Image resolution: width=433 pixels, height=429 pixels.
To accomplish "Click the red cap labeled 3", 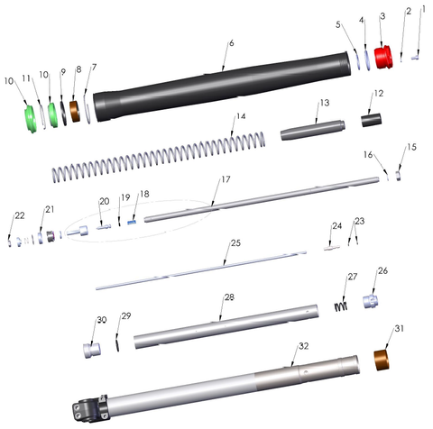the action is click(383, 57).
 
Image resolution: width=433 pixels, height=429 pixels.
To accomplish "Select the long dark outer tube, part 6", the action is click(222, 87).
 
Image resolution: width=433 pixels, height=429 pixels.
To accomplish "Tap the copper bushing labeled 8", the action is click(75, 111).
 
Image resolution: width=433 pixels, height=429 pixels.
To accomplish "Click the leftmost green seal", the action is click(31, 119).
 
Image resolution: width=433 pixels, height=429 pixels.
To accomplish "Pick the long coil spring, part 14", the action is click(159, 157).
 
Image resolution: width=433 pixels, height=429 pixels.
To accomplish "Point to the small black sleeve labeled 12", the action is click(372, 120).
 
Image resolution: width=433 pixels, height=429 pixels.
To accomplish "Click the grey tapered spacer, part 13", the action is click(313, 130).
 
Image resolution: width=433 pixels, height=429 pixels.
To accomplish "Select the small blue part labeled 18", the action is click(132, 223).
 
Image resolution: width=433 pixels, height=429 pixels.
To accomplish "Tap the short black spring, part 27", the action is click(341, 306).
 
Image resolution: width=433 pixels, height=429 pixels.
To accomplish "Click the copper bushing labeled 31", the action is click(382, 360).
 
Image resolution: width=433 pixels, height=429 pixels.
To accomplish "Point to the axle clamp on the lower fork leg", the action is click(90, 408).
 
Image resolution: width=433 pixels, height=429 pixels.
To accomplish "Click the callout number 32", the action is click(304, 346).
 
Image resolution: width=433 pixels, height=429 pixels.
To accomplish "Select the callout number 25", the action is click(235, 242).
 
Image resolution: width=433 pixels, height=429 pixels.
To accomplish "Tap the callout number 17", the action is click(226, 179).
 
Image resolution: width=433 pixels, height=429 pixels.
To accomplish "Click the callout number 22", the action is click(20, 215).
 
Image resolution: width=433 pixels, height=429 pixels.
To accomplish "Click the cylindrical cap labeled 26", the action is click(370, 301).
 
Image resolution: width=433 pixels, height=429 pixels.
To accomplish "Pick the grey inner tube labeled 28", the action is click(226, 326).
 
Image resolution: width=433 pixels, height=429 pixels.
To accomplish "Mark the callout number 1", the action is click(424, 9).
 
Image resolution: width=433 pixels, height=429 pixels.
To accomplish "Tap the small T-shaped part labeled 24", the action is click(332, 248).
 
